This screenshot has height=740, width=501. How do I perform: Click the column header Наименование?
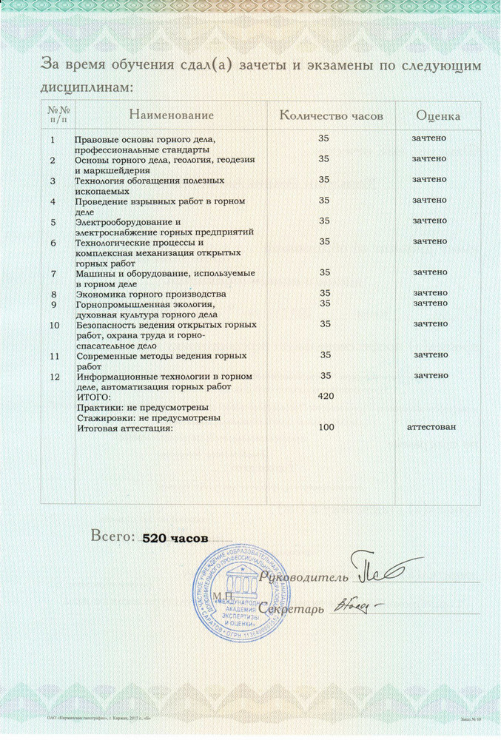tap(171, 116)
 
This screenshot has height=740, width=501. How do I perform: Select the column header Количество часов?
tap(331, 116)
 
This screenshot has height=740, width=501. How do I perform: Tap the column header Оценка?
tap(439, 116)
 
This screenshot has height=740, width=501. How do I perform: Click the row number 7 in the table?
tap(53, 274)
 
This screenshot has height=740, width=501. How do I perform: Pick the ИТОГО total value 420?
tap(326, 397)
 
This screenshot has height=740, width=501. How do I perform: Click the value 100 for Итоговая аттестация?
tap(326, 427)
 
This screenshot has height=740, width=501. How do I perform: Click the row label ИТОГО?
tap(93, 397)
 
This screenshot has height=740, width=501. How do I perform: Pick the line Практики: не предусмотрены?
tap(142, 408)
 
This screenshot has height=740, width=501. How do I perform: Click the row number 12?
tap(53, 377)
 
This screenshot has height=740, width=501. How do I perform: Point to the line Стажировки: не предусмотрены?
tap(148, 418)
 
